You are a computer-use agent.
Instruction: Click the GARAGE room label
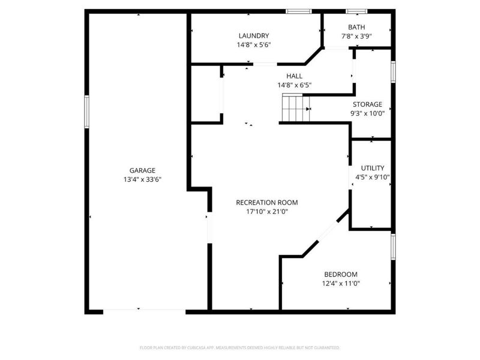tap(142, 170)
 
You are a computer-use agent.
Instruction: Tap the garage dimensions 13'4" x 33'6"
tap(142, 179)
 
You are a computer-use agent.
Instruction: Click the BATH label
tap(356, 27)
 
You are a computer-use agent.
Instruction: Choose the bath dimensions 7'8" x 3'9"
tap(356, 37)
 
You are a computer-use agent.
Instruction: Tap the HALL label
tap(294, 76)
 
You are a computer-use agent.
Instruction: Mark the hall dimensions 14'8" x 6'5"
tap(294, 85)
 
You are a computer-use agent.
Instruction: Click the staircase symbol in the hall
tap(294, 109)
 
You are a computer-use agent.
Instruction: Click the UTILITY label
tap(372, 168)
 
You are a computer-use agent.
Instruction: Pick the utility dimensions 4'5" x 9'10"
tap(372, 177)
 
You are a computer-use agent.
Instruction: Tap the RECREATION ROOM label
tap(267, 202)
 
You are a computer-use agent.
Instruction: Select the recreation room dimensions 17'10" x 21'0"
tap(267, 211)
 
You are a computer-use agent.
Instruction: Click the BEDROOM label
tap(340, 274)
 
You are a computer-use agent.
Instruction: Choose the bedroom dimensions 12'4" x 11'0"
tap(340, 283)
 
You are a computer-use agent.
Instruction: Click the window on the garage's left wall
tap(86, 112)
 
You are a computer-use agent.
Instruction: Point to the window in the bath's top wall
tap(356, 11)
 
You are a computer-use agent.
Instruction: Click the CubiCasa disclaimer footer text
tap(239, 347)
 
